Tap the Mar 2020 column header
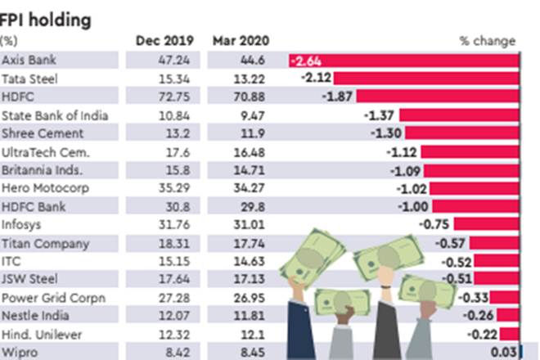click(x=240, y=40)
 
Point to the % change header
click(x=488, y=40)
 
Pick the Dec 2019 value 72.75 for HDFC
click(x=166, y=97)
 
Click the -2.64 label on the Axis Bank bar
click(x=310, y=60)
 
